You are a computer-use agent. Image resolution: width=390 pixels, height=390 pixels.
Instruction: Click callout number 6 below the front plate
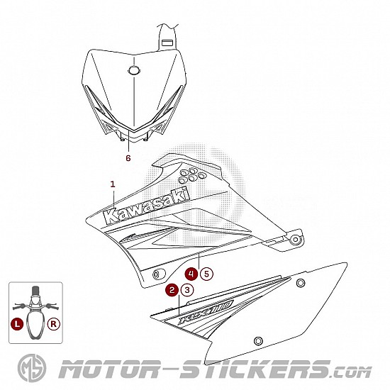pyautogui.click(x=128, y=158)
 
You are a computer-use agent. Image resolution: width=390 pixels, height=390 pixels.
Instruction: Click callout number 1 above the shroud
pyautogui.click(x=113, y=184)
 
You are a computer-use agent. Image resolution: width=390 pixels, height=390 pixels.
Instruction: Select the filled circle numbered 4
pyautogui.click(x=191, y=274)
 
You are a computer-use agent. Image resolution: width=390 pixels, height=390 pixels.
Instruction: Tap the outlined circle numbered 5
pyautogui.click(x=206, y=274)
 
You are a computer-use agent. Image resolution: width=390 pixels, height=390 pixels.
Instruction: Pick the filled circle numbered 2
pyautogui.click(x=172, y=290)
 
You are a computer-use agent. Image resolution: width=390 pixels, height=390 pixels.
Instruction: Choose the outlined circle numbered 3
pyautogui.click(x=187, y=290)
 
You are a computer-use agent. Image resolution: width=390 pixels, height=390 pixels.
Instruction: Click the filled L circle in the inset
pyautogui.click(x=17, y=324)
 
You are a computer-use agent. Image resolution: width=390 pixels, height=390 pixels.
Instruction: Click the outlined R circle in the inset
pyautogui.click(x=54, y=324)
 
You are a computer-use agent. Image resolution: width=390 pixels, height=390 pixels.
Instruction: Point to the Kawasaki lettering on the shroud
pyautogui.click(x=147, y=206)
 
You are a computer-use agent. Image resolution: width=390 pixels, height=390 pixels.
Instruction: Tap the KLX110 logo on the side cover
pyautogui.click(x=206, y=312)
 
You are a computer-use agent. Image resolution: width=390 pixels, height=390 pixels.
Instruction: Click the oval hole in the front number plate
pyautogui.click(x=134, y=71)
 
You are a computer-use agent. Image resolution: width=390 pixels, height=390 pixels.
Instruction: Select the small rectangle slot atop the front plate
pyautogui.click(x=167, y=43)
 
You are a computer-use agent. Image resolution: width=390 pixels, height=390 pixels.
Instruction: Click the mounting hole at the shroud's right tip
pyautogui.click(x=296, y=240)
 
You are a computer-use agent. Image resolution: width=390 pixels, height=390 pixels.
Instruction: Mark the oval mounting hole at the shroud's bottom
pyautogui.click(x=158, y=274)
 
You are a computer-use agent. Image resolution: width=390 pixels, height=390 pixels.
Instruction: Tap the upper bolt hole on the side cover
pyautogui.click(x=301, y=283)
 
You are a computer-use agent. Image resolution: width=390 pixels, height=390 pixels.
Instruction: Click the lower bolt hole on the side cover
pyautogui.click(x=258, y=340)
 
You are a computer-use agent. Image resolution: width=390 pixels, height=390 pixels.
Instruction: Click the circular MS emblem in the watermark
pyautogui.click(x=32, y=368)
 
